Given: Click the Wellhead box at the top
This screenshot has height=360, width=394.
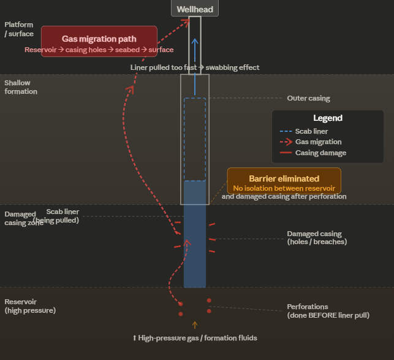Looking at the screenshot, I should (x=194, y=9).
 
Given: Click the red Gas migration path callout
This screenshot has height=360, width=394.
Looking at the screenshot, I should (x=99, y=44).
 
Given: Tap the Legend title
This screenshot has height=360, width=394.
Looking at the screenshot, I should (x=327, y=118).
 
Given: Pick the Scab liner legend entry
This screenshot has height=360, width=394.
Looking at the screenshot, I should (x=311, y=131).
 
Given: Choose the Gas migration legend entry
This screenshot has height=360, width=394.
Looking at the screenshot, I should (x=318, y=142).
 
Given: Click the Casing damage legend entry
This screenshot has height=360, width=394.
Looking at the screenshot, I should (x=320, y=153).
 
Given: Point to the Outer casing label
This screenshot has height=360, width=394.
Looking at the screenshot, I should (x=308, y=98).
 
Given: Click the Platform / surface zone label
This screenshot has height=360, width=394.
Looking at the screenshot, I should (x=19, y=29).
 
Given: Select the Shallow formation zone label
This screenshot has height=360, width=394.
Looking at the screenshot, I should (x=21, y=87).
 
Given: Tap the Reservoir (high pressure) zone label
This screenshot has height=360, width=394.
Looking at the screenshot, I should (x=30, y=306).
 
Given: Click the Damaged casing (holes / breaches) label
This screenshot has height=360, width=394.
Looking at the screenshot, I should (x=317, y=237).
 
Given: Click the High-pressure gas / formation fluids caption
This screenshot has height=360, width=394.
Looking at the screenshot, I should (x=195, y=338).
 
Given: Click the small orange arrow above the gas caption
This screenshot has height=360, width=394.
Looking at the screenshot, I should (x=195, y=325).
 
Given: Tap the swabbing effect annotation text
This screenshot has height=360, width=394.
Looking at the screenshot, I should (x=195, y=67).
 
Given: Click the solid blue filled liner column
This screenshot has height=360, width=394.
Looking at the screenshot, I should (x=195, y=245).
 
